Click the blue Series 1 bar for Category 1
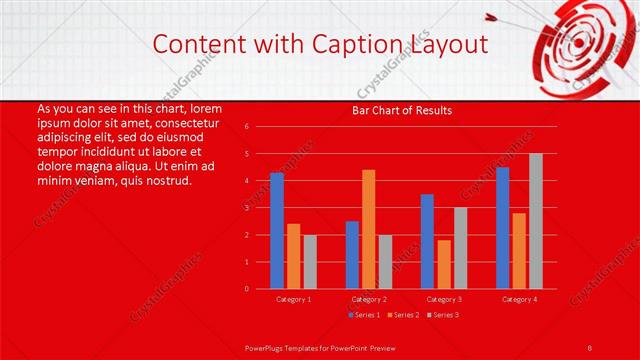coord(277,231)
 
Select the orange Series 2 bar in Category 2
coord(369,229)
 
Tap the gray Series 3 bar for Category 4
coord(536,221)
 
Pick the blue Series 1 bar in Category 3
coord(427,241)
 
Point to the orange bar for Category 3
coord(444,264)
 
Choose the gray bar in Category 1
coord(310,262)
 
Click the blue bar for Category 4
coord(502,228)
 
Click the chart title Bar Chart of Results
coord(402,110)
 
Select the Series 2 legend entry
coord(404,315)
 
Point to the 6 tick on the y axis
coord(246,127)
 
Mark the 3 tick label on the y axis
coord(246,208)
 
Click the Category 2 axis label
coord(368,299)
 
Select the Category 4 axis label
coord(519,299)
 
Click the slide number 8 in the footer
coord(590,346)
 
